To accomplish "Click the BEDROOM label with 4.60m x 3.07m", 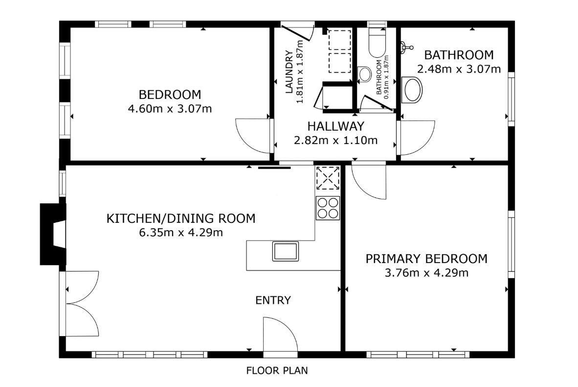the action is [x=170, y=95].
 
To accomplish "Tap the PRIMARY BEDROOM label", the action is [x=426, y=259].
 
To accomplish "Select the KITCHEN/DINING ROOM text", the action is [x=181, y=218].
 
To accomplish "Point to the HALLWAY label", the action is [x=336, y=126].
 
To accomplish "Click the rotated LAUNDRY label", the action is [x=289, y=72].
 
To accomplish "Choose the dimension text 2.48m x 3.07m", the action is [x=459, y=69].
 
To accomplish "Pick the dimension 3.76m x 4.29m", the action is [x=426, y=273].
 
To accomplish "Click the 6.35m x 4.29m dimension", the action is [x=181, y=233].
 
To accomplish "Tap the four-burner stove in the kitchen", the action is [x=328, y=208].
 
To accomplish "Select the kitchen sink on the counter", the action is [x=285, y=251].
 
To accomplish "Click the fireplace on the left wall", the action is [x=53, y=234].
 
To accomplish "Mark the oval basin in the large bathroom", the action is [x=412, y=90].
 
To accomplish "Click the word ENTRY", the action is [x=273, y=300].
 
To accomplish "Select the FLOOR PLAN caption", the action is [x=277, y=370].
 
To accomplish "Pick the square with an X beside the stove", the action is [x=328, y=178].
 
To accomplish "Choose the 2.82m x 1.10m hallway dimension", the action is [x=336, y=140].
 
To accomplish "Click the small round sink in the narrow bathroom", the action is [x=365, y=74].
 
